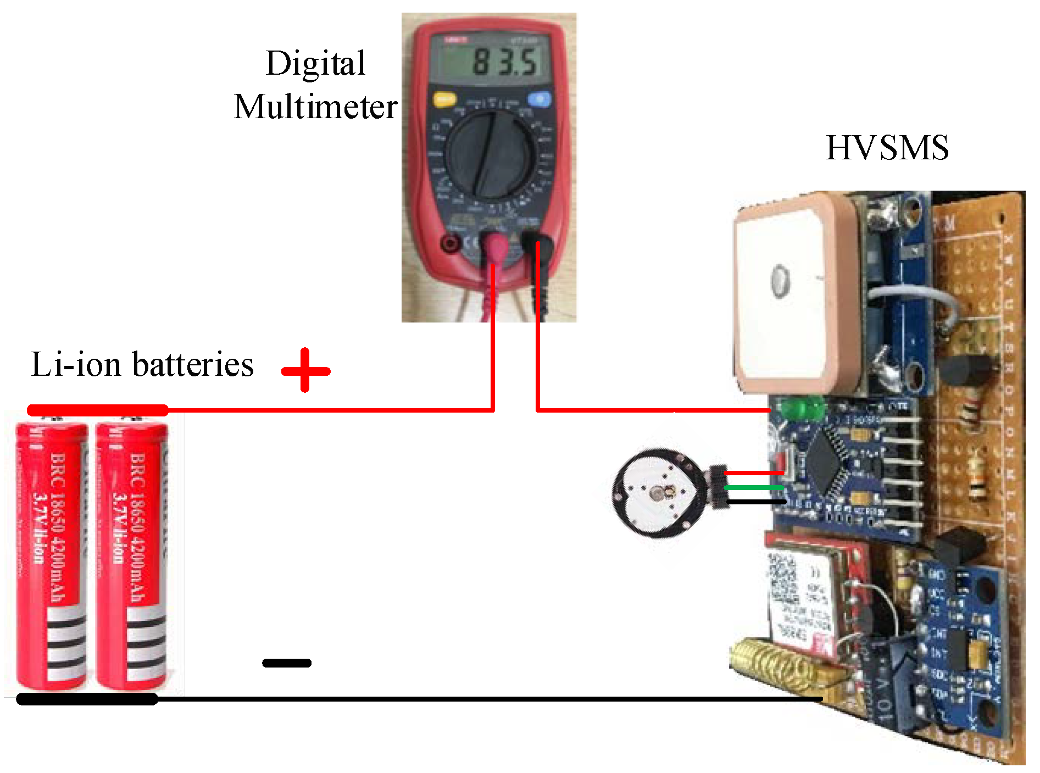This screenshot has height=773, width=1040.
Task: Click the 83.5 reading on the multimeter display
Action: (504, 62)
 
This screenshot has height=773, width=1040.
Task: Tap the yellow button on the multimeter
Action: (444, 100)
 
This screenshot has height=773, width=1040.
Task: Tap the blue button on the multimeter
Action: (538, 99)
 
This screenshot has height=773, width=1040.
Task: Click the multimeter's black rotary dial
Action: (491, 154)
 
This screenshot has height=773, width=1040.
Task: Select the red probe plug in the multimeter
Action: (497, 247)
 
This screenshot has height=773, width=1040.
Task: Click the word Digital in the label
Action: (315, 63)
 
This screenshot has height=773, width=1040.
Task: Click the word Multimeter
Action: (315, 107)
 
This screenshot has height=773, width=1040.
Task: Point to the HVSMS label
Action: (887, 148)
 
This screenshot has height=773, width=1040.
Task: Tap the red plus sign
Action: (305, 371)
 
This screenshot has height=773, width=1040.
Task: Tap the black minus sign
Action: (287, 663)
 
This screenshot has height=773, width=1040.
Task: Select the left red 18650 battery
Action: (51, 555)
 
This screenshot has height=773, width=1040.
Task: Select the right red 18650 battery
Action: (131, 555)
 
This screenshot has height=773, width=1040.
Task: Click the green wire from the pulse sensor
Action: (753, 487)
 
